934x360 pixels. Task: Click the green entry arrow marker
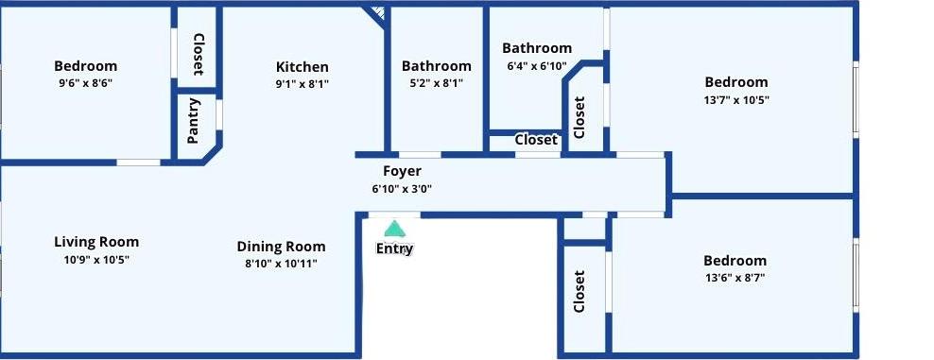[x=393, y=229]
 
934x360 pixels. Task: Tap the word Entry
[x=394, y=249]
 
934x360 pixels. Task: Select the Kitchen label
[x=302, y=67]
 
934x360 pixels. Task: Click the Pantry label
[x=193, y=121]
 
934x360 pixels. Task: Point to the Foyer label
[x=402, y=171]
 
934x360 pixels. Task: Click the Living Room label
[x=96, y=242]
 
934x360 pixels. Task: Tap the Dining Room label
[x=281, y=247]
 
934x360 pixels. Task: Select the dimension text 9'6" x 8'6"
[x=85, y=83]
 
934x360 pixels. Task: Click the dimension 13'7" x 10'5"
[x=736, y=100]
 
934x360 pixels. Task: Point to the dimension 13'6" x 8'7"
[x=735, y=277]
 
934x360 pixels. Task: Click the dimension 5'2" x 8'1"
[x=436, y=83]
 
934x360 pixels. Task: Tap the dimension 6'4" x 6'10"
[x=537, y=65]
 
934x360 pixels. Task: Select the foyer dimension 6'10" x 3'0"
[x=402, y=189]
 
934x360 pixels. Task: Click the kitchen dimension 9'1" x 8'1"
[x=302, y=84]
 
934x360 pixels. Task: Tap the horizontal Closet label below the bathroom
[x=536, y=140]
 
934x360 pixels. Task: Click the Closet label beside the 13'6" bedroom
[x=579, y=292]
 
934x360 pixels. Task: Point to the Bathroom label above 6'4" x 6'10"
[x=537, y=48]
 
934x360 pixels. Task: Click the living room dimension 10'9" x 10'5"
[x=96, y=260]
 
